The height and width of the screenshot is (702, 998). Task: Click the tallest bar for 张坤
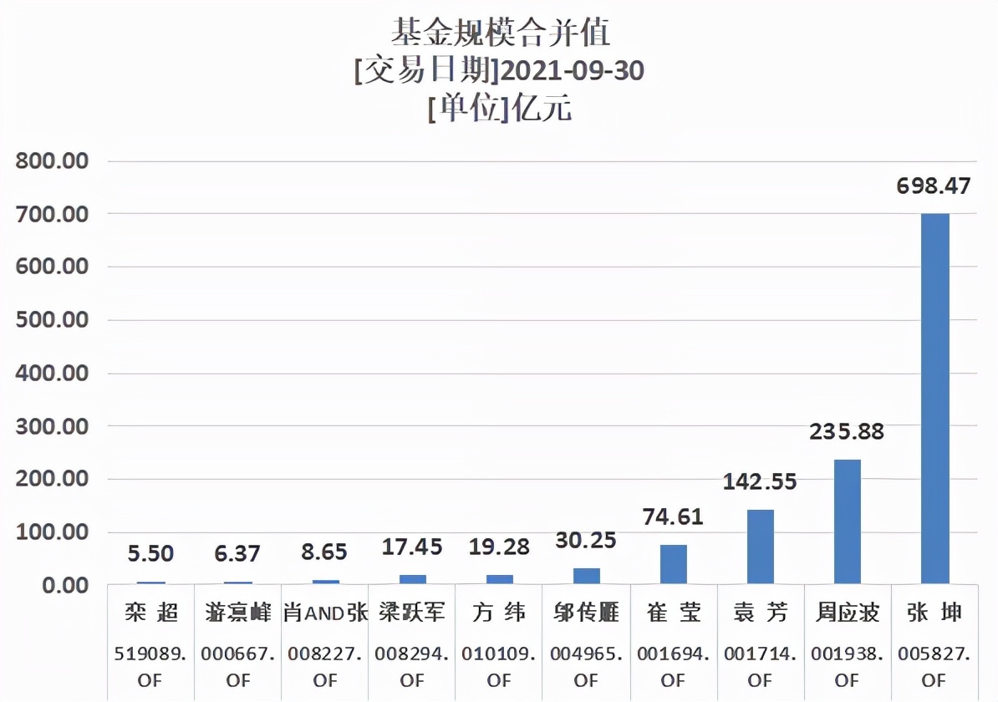pos(934,398)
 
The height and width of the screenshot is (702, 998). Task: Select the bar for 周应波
pos(847,521)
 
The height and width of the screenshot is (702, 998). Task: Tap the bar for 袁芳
pos(760,546)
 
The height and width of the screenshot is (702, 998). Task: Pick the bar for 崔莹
pos(673,564)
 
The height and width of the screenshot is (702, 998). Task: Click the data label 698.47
pos(934,186)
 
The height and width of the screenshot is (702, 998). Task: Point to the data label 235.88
pos(847,432)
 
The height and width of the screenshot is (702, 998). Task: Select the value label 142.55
pos(760,481)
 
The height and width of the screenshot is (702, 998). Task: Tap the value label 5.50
pos(151,552)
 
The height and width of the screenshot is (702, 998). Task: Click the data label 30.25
pos(586,540)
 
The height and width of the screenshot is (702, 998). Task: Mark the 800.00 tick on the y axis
pos(52,160)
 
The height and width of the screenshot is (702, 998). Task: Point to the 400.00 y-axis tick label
pos(52,373)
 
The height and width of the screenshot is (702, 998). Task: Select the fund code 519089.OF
pos(151,667)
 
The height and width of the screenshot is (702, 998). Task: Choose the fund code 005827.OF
pos(934,667)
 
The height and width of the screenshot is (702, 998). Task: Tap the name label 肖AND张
pos(325,613)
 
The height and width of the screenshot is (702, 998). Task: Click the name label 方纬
pos(499,613)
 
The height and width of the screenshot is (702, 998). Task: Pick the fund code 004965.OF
pos(586,667)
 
